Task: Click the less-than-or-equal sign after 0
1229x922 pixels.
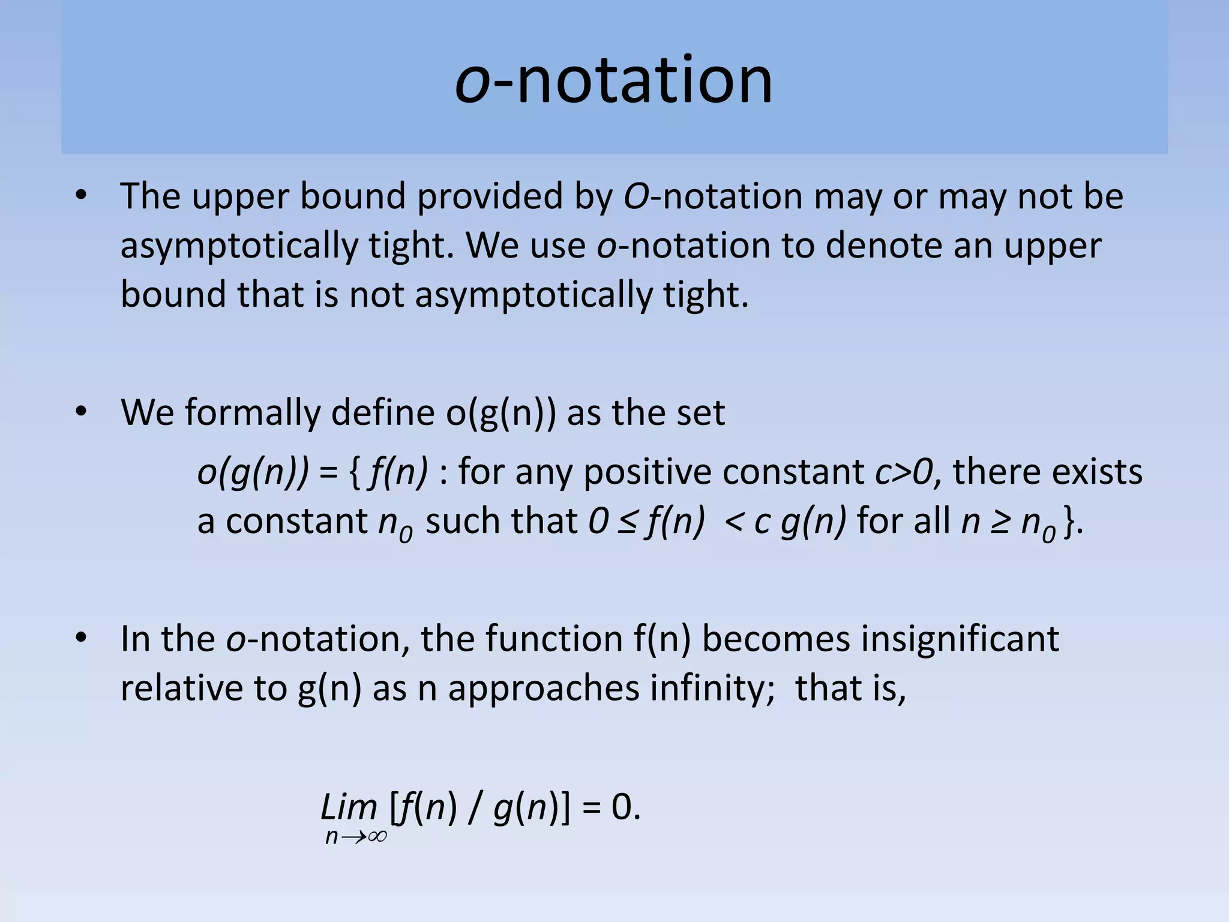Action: tap(628, 521)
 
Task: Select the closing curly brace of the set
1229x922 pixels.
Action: tap(1068, 521)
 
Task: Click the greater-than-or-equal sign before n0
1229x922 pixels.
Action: tap(1000, 521)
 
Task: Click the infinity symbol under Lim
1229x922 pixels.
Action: tap(377, 836)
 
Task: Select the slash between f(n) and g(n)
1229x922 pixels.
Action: tap(475, 808)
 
